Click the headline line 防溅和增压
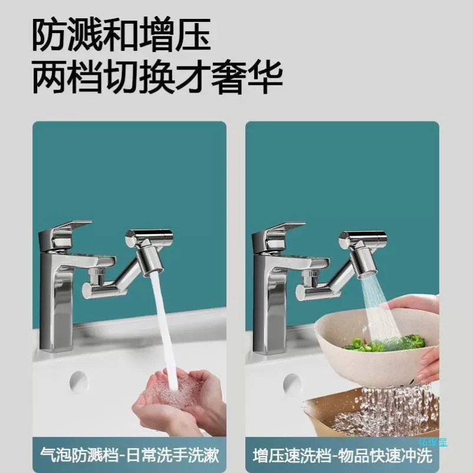click(121, 35)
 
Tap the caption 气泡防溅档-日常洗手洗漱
click(129, 455)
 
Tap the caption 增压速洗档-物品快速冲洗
click(343, 455)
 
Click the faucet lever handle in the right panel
click(281, 237)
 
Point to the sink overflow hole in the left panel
click(78, 382)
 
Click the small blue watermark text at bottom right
click(432, 442)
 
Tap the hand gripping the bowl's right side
click(428, 366)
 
